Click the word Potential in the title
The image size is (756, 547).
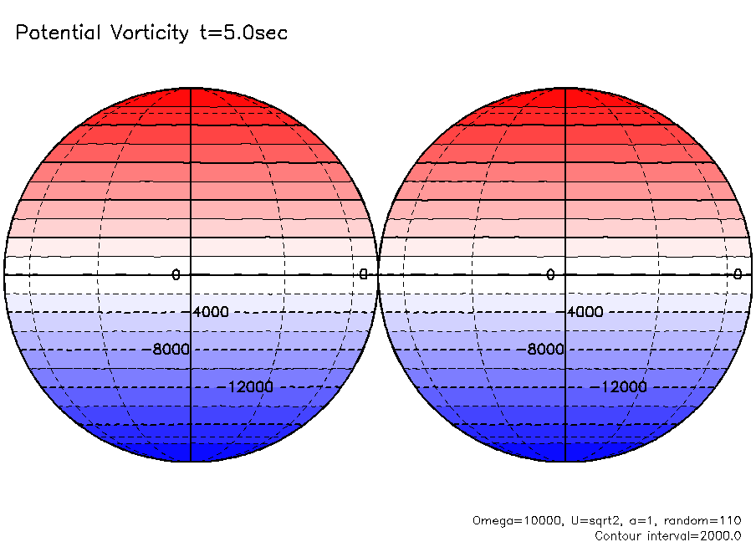57,33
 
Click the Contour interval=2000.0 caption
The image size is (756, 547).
667,535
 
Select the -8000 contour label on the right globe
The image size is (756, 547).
544,350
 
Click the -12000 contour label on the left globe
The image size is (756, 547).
249,387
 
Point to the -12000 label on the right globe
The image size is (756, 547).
624,387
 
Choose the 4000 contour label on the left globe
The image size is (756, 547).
209,312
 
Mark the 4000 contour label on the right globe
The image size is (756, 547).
584,312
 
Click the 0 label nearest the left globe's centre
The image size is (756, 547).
176,274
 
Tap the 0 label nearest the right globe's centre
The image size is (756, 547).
550,274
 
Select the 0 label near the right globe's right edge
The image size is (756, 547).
738,274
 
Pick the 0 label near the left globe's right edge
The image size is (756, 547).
363,274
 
